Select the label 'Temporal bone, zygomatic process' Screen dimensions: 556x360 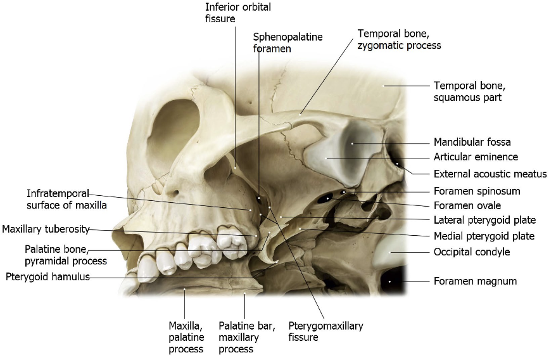point(399,39)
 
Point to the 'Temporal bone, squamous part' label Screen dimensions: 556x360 point(469,91)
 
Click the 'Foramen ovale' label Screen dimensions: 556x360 point(467,205)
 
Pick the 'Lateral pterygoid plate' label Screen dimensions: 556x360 point(484,221)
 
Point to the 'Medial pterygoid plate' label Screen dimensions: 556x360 point(484,236)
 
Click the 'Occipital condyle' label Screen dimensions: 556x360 point(472,252)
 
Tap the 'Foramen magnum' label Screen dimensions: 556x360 point(475,281)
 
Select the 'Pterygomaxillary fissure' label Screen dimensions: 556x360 point(325,331)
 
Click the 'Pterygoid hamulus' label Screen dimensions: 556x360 point(47,276)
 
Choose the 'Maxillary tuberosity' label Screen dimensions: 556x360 point(46,229)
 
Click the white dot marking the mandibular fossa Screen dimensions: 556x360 point(353,143)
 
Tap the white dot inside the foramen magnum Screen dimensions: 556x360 point(390,281)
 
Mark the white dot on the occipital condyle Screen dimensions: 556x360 point(391,252)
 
